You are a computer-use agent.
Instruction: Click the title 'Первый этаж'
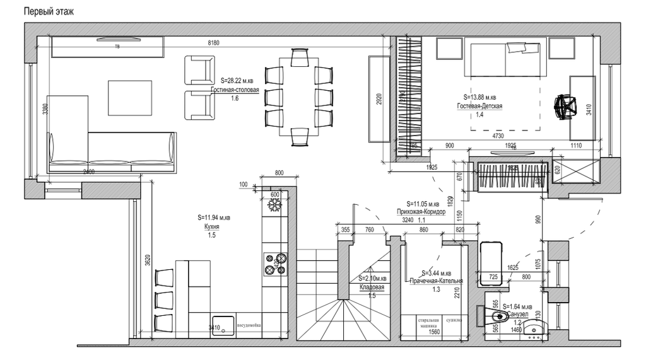pyautogui.click(x=48, y=11)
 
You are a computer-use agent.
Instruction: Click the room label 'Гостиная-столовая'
pyautogui.click(x=235, y=90)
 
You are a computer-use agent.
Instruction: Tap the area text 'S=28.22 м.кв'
pyautogui.click(x=237, y=81)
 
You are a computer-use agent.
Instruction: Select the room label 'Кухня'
pyautogui.click(x=212, y=226)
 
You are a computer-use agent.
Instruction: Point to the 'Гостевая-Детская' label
pyautogui.click(x=479, y=106)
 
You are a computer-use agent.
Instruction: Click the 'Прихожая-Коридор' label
pyautogui.click(x=421, y=212)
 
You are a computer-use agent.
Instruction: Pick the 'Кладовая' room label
pyautogui.click(x=372, y=287)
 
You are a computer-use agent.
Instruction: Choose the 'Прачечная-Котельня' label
pyautogui.click(x=437, y=281)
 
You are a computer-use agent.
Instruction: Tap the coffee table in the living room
pyautogui.click(x=130, y=98)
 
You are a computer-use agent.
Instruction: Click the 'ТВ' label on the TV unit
pyautogui.click(x=117, y=47)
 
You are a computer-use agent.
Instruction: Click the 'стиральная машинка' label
pyautogui.click(x=427, y=323)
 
